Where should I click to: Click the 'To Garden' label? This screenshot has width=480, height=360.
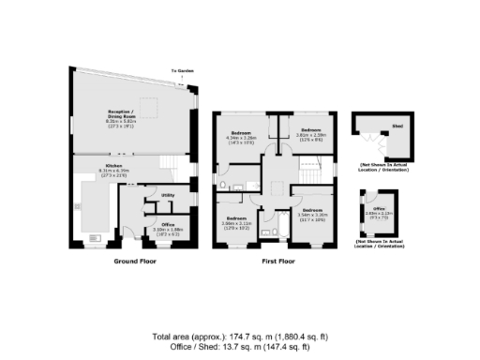pos(180,71)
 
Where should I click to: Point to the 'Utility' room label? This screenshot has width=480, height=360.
pos(168,194)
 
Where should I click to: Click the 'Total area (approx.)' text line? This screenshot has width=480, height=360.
pos(240,336)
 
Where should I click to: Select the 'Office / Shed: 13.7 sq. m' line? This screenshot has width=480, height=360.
pos(240,346)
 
